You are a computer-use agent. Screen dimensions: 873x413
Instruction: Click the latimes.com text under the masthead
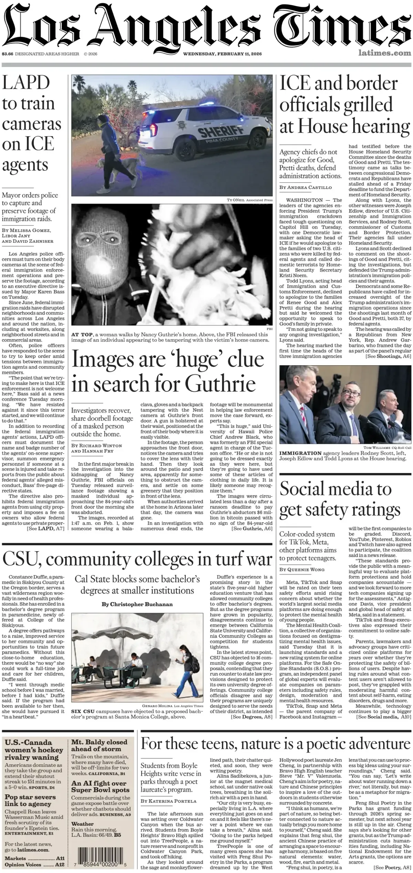point(384,53)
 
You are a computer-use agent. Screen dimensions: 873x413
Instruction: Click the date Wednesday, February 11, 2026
point(222,54)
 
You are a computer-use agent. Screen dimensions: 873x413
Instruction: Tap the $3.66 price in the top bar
point(7,54)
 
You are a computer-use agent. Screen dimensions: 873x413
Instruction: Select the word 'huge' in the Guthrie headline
point(197,359)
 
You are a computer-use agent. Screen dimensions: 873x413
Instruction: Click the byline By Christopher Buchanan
point(137,604)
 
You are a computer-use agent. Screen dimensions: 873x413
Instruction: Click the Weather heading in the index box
point(83,824)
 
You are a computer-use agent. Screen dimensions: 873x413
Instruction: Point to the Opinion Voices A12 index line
point(34,864)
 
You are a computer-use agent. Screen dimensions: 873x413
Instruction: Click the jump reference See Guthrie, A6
point(252,528)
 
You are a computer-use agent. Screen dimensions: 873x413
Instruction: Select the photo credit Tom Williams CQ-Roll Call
point(387,448)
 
